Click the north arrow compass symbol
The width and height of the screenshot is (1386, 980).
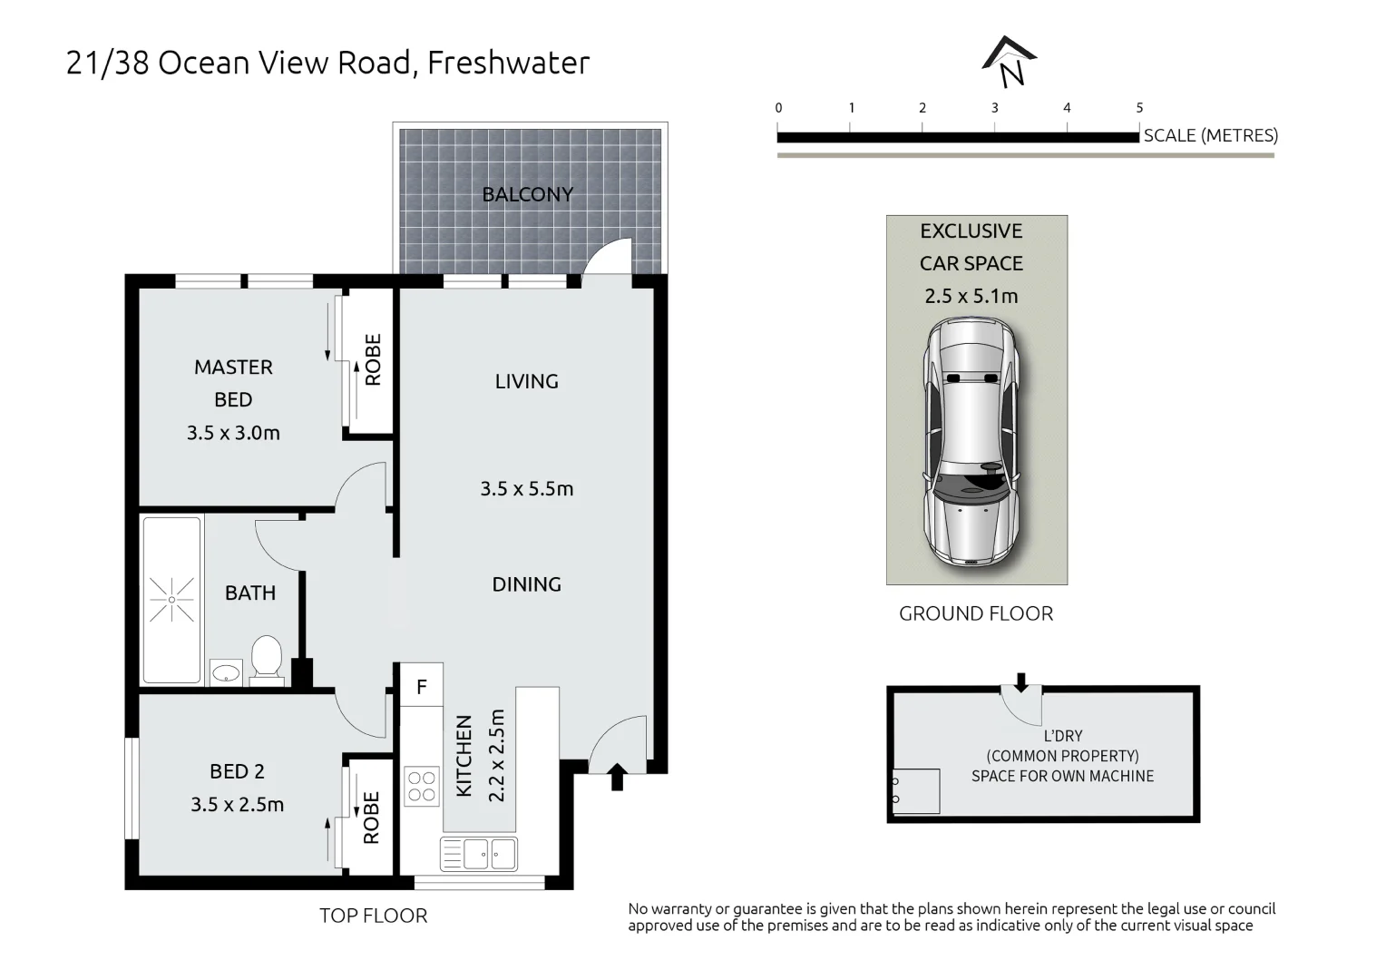(x=1010, y=63)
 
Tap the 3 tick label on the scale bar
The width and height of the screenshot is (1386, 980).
(x=994, y=108)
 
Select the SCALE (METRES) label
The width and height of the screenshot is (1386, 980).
(x=1210, y=136)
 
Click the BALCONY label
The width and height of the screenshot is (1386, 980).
(x=527, y=194)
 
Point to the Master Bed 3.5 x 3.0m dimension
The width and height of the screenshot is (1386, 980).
(x=233, y=433)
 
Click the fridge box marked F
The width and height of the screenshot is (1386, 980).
(x=422, y=687)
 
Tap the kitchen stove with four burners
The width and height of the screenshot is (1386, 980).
(x=422, y=786)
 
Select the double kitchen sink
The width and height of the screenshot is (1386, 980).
(x=478, y=854)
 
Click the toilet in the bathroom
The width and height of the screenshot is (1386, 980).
(x=267, y=658)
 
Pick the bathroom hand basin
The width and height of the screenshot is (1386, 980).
(x=226, y=673)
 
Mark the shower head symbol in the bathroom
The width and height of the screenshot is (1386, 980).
(x=171, y=600)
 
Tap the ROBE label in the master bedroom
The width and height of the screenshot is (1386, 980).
(x=372, y=360)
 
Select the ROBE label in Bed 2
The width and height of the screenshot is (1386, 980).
(x=371, y=818)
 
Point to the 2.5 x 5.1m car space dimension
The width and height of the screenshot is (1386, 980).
(x=971, y=296)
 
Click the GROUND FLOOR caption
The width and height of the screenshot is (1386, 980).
(x=976, y=614)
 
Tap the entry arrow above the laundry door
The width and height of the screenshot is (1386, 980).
(x=1021, y=681)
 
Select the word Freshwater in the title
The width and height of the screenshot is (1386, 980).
(x=508, y=63)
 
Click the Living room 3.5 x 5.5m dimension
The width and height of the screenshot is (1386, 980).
(x=526, y=489)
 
